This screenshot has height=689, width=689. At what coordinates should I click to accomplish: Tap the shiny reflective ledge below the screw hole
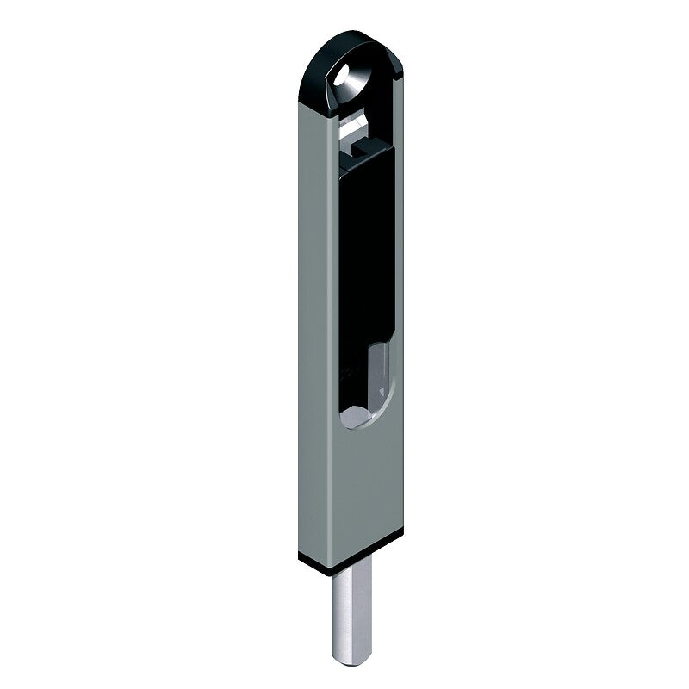click(355, 129)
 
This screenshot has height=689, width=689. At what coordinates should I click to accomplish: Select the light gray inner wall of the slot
click(379, 370)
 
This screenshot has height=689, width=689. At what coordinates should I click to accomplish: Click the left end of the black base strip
click(302, 556)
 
